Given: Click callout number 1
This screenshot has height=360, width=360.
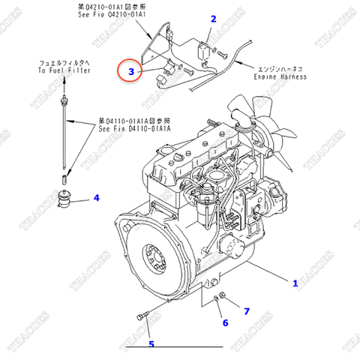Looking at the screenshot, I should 295,283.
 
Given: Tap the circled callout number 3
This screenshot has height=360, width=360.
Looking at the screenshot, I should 131,72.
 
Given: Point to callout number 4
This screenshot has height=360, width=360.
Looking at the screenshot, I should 96,198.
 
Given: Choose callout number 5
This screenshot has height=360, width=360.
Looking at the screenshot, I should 151,344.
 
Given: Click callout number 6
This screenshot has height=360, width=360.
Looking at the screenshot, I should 223,322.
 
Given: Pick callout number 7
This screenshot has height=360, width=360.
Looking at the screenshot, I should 245,310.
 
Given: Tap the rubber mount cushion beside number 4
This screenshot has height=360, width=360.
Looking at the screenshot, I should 68,200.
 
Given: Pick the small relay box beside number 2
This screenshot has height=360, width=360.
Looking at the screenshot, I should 203,53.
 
